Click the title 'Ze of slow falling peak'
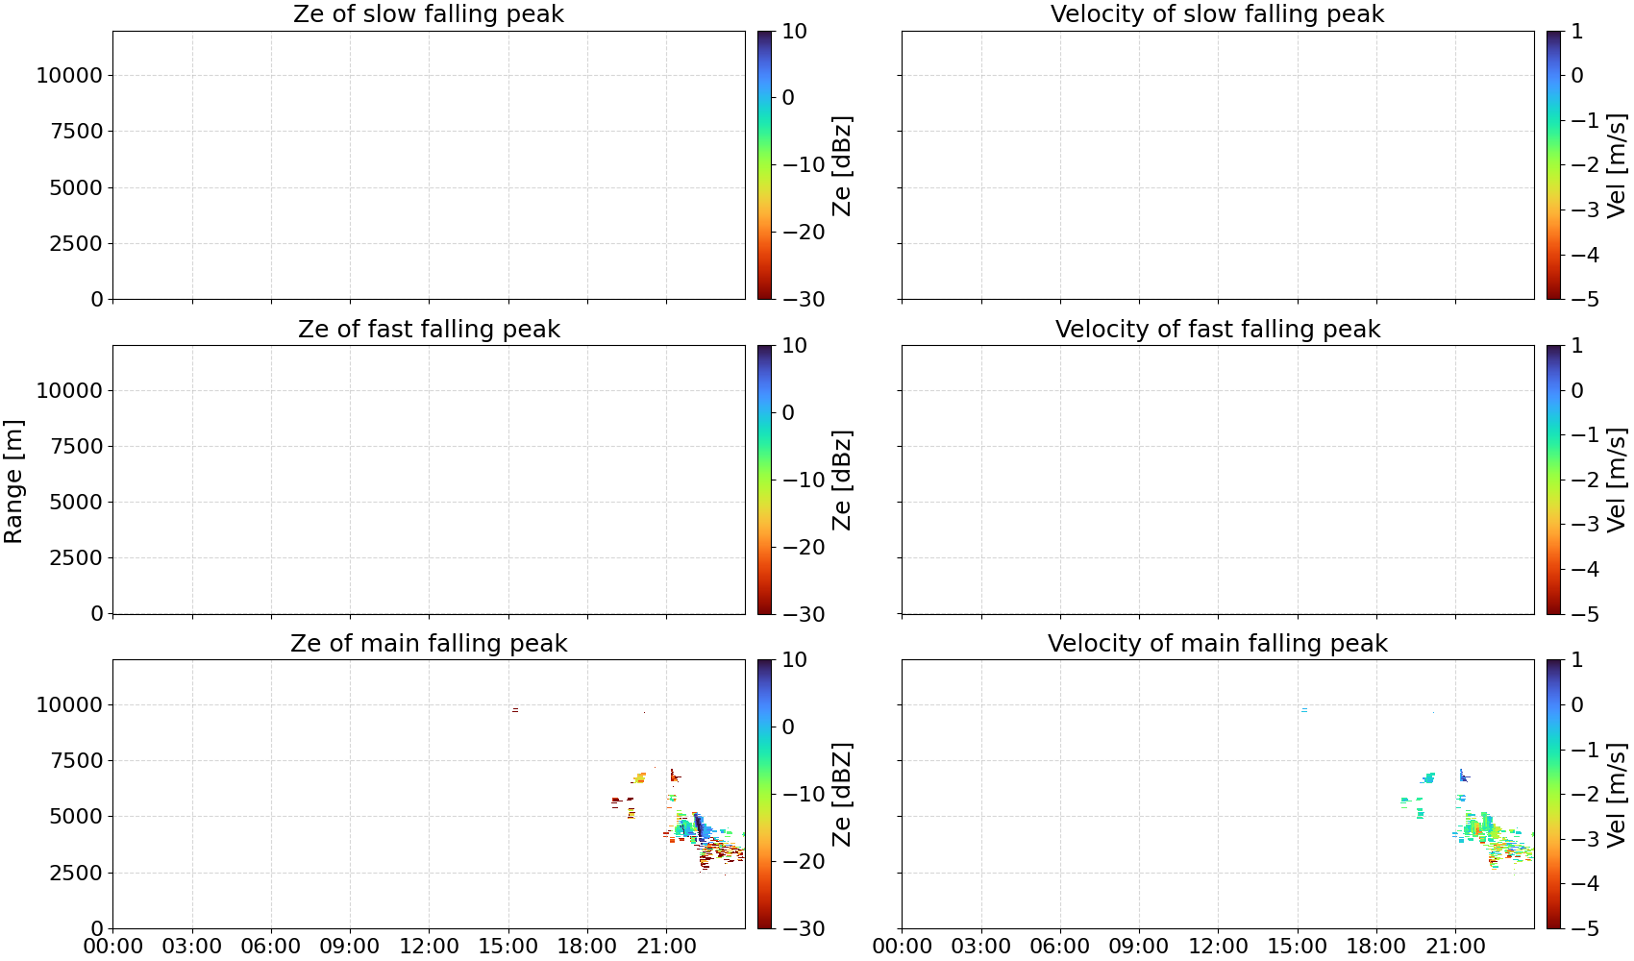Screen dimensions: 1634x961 [428, 14]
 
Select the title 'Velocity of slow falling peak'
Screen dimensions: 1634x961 [1218, 14]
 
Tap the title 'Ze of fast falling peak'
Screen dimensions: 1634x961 [429, 330]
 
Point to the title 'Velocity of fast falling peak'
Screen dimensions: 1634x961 [1218, 330]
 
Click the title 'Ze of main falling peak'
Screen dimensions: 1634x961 [429, 644]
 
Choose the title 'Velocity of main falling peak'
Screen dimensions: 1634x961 [1218, 644]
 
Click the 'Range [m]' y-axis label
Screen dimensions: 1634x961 [13, 481]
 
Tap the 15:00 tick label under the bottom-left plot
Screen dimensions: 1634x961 [508, 947]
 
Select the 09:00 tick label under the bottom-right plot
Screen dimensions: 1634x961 [1139, 947]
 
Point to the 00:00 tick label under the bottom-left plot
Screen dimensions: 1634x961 [113, 947]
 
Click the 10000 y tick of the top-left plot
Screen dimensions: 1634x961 [69, 75]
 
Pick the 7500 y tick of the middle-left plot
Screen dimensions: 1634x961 [76, 446]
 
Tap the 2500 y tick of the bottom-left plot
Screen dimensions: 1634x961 [76, 873]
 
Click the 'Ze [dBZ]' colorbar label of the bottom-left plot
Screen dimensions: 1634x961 [841, 795]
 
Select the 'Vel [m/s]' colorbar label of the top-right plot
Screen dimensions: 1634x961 [1616, 164]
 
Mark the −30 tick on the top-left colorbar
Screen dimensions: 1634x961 [804, 300]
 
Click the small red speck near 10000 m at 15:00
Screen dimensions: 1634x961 [515, 709]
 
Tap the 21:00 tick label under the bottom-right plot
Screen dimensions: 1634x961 [1455, 947]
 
